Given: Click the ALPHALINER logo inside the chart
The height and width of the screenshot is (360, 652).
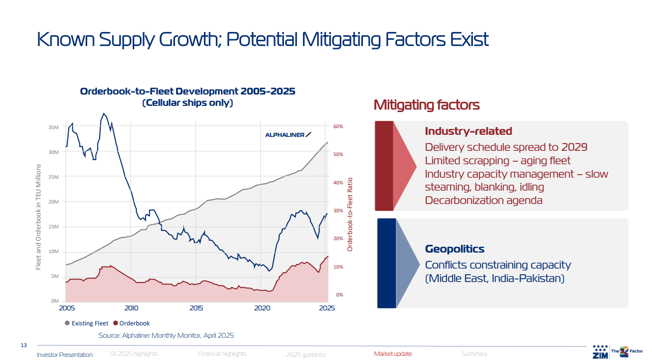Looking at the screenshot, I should (x=288, y=135).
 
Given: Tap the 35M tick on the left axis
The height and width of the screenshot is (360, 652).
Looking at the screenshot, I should (x=54, y=127).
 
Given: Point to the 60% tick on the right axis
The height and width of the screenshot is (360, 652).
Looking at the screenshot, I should (x=338, y=127).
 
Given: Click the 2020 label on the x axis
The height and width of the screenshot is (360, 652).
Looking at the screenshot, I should (x=262, y=308).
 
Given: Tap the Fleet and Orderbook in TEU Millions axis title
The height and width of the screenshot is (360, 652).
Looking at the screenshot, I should (x=38, y=217).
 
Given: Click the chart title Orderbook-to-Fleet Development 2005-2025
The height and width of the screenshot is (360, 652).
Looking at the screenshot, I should (x=187, y=91).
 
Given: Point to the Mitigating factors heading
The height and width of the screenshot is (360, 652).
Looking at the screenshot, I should (x=426, y=105).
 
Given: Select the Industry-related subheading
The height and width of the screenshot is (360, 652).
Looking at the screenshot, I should (x=468, y=131).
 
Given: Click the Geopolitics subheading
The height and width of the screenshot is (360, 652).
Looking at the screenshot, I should (x=454, y=249).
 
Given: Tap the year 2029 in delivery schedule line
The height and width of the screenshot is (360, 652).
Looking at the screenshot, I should (x=573, y=147).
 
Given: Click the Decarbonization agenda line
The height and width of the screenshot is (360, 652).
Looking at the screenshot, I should (x=483, y=200).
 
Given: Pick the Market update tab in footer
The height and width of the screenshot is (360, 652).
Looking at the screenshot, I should (x=393, y=354).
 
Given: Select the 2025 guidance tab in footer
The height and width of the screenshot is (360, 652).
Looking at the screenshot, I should (x=306, y=354).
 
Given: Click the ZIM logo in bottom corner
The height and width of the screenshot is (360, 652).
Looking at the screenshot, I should (x=600, y=352).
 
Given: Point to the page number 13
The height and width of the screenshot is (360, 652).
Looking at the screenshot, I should (x=23, y=345).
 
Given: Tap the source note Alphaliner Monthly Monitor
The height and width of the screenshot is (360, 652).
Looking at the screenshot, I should (x=166, y=336).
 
